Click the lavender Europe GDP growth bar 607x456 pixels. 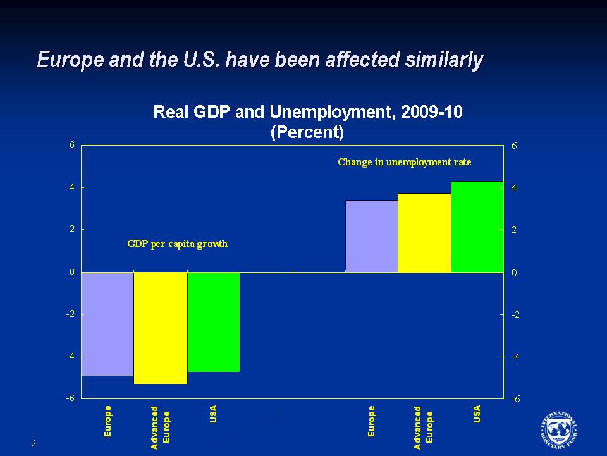(x=107, y=324)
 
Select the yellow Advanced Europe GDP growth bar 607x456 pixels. (x=161, y=327)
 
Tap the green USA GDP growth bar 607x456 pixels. (x=214, y=322)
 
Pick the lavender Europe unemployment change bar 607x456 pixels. (x=372, y=236)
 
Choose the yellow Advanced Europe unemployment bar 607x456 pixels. (x=424, y=232)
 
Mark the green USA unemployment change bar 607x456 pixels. (x=477, y=226)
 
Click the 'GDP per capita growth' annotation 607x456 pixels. (x=177, y=244)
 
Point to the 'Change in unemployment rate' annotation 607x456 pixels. (x=405, y=162)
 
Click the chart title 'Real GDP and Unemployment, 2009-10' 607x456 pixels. (x=308, y=113)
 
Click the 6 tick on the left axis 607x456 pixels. (x=72, y=144)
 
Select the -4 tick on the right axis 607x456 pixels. (x=515, y=357)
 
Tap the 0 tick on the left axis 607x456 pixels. (x=72, y=272)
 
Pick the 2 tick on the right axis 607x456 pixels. (x=515, y=230)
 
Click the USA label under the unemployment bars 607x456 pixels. (x=477, y=414)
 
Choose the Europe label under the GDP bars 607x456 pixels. (x=107, y=421)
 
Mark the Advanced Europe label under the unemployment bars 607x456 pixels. (x=424, y=427)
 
